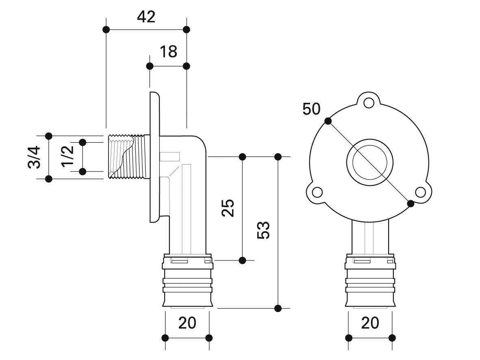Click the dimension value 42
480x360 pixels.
click(x=146, y=17)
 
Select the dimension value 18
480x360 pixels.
click(x=168, y=52)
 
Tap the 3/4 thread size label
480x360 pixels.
click(x=34, y=157)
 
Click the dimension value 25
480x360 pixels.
click(x=228, y=208)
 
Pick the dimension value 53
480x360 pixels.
click(x=263, y=230)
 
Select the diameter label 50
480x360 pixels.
click(x=311, y=109)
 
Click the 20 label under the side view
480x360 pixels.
click(x=187, y=323)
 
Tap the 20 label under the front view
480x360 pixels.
click(x=370, y=323)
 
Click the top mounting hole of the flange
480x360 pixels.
click(x=369, y=102)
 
